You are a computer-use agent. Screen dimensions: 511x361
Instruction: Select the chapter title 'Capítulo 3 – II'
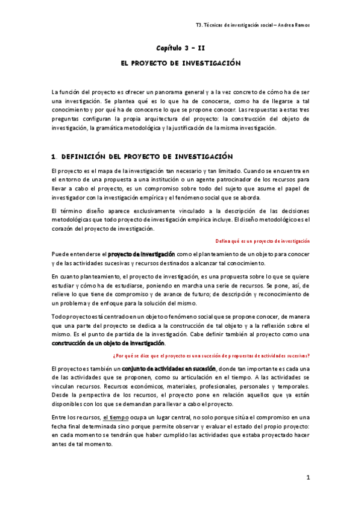[x=181, y=47]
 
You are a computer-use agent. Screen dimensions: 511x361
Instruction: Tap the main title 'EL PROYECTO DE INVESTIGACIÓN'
[x=181, y=63]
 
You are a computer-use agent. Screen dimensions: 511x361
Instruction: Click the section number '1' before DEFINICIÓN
[x=54, y=156]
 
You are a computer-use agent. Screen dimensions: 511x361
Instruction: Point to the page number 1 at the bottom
[x=307, y=478]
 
